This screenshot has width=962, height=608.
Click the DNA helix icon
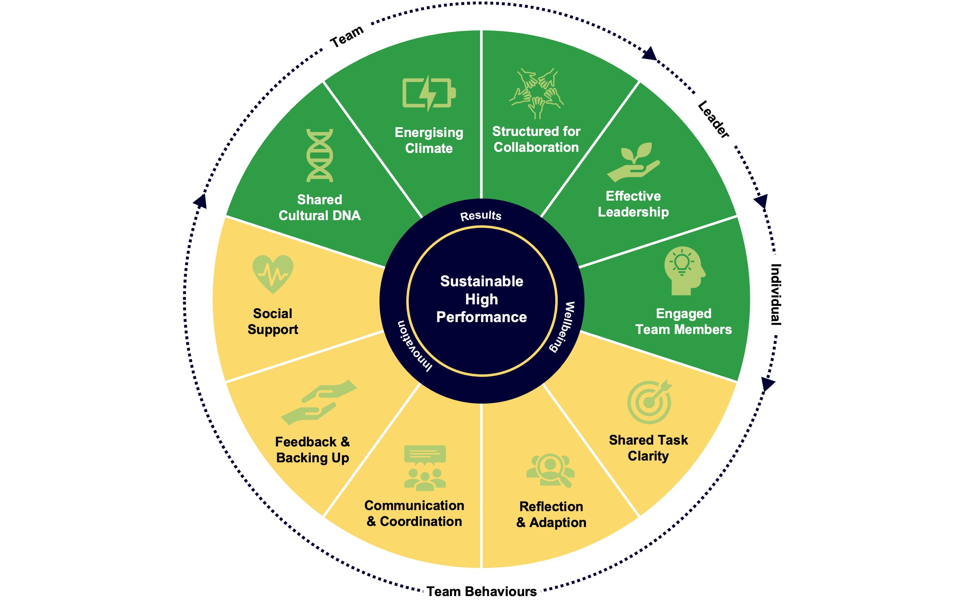tap(319, 155)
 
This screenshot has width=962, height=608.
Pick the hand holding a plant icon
tap(634, 162)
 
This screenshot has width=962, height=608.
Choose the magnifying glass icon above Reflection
tap(551, 470)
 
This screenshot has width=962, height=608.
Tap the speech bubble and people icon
tap(425, 468)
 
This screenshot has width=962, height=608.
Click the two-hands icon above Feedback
tap(319, 402)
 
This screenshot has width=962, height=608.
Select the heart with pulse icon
tap(273, 274)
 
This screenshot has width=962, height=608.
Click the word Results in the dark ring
tap(481, 216)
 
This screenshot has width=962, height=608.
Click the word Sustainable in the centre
tap(481, 281)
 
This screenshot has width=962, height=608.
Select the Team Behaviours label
tap(481, 592)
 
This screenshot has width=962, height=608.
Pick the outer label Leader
tap(713, 119)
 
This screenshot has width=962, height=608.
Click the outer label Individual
tap(776, 294)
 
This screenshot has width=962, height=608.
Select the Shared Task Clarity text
tap(648, 448)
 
